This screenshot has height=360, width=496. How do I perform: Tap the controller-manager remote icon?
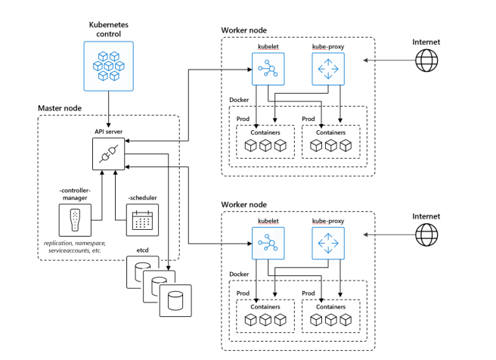(74, 219)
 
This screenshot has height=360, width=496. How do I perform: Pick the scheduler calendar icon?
(142, 220)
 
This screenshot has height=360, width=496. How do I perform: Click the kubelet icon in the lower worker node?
(266, 244)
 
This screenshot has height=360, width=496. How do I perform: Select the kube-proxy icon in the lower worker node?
(327, 244)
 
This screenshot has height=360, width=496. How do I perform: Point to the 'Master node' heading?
(60, 109)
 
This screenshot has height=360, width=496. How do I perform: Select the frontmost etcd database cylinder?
(176, 300)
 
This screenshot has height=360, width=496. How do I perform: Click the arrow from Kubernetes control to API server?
(107, 110)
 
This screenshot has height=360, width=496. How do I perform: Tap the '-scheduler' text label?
(142, 197)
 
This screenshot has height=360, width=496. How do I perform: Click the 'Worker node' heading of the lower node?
(243, 204)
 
